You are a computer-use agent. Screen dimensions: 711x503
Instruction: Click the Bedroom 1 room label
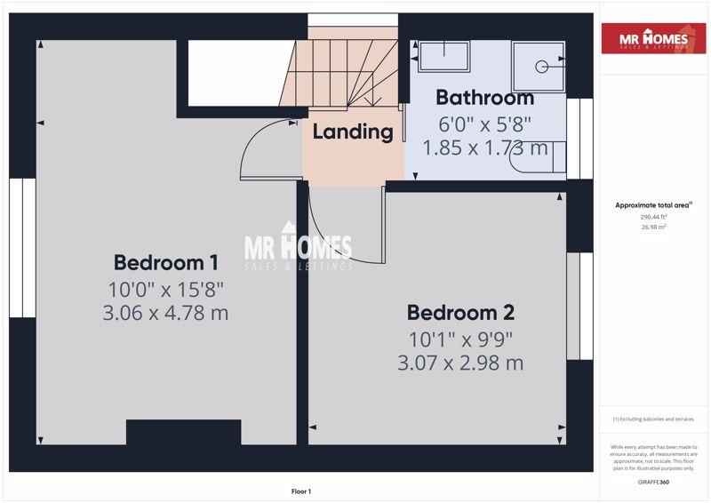(165, 263)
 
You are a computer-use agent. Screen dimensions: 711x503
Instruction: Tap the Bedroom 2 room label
(460, 313)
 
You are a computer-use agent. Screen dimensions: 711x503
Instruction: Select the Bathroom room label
(484, 98)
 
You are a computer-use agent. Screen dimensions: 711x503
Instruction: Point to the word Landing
(353, 132)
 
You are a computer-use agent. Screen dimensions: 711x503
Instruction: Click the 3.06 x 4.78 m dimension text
(165, 313)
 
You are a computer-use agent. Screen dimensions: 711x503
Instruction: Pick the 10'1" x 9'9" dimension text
(460, 339)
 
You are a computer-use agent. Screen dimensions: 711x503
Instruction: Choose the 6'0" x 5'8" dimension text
(484, 124)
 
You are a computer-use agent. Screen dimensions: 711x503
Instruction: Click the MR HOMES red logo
(654, 38)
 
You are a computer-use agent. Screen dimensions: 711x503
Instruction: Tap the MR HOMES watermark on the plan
(298, 246)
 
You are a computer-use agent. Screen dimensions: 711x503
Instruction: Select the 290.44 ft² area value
(653, 217)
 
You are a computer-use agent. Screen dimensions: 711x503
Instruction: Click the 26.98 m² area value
(653, 227)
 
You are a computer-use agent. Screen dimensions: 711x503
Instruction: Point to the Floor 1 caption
(301, 491)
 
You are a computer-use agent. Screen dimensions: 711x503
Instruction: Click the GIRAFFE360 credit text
(653, 483)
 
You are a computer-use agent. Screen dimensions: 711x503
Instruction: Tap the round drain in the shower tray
(541, 67)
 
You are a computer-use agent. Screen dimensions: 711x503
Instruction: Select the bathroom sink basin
(443, 56)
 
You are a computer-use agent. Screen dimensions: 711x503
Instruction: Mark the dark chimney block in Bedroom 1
(184, 432)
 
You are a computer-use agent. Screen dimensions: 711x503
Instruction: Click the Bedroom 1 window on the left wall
(23, 248)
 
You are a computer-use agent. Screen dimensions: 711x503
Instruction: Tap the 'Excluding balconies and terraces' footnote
(653, 419)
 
